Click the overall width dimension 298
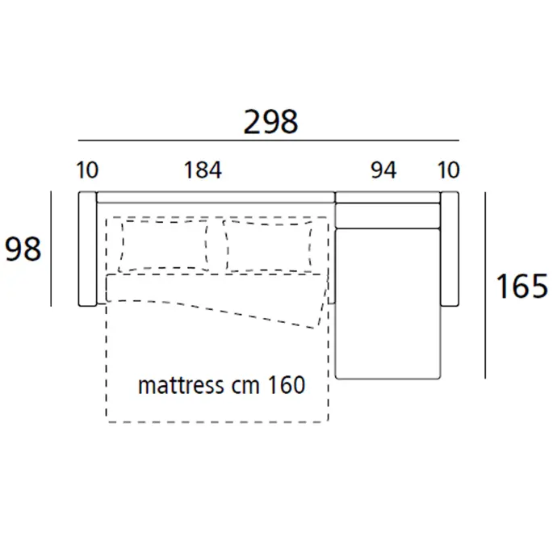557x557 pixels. [270, 122]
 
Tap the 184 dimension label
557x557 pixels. [203, 170]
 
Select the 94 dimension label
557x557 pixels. [383, 170]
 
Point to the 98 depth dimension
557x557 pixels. [23, 249]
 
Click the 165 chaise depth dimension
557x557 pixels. [521, 286]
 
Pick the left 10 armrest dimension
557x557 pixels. [87, 170]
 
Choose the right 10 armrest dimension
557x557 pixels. [448, 170]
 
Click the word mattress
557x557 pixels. [181, 386]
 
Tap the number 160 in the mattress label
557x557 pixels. [287, 385]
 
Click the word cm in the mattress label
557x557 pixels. [245, 387]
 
